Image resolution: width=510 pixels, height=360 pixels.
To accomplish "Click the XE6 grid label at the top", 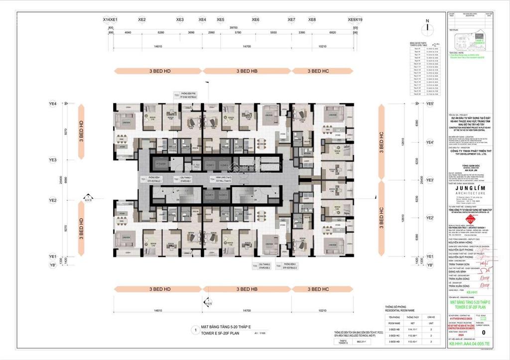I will [x=255, y=20].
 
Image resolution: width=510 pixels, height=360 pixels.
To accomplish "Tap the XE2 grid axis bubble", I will [x=142, y=20].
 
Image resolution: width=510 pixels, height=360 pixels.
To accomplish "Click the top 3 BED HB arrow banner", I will [x=247, y=71].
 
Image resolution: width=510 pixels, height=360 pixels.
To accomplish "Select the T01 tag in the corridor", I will [x=143, y=178].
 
